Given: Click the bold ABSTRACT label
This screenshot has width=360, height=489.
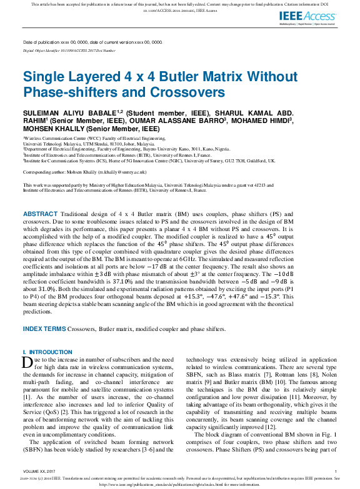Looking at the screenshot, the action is coord(40,214).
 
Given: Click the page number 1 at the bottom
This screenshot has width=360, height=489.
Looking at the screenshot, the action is coord(336,471).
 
